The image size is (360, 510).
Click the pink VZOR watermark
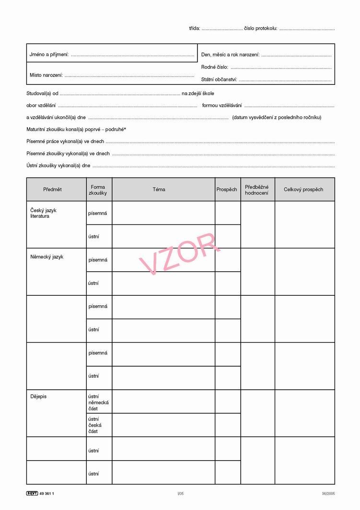click(178, 254)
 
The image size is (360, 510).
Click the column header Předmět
click(52, 189)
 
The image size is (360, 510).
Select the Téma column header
click(159, 189)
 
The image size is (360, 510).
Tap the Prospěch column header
click(227, 189)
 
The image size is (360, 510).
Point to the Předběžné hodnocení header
click(257, 190)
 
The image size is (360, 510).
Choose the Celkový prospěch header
click(303, 189)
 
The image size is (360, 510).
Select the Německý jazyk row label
click(47, 257)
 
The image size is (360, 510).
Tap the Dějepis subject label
click(38, 396)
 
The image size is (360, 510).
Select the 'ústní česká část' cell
click(94, 425)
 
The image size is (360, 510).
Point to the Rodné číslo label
click(214, 67)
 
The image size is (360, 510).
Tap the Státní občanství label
click(219, 80)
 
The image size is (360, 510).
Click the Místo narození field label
click(46, 75)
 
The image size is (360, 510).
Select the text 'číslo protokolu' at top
click(260, 28)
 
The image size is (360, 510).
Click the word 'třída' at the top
click(194, 28)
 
